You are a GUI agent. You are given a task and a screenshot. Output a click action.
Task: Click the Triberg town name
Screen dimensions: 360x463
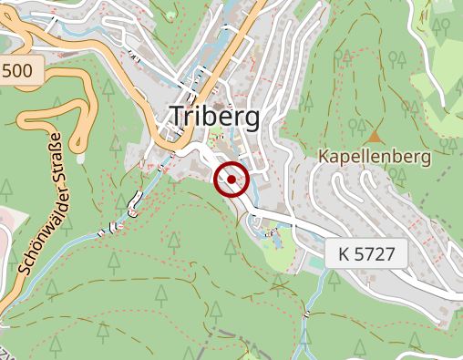pos(214,117)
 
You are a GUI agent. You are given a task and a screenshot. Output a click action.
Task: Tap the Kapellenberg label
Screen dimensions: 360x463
pos(374,157)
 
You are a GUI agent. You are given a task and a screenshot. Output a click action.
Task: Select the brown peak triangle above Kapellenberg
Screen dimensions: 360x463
pos(375,135)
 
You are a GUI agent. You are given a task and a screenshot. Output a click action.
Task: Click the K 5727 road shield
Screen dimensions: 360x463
pos(365,253)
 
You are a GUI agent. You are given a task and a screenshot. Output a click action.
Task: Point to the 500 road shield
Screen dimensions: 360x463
pos(21,70)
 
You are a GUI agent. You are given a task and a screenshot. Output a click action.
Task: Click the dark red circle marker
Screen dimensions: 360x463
pos(231,180)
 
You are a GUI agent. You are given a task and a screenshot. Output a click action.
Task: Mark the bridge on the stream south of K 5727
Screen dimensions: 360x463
pos(307,314)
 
